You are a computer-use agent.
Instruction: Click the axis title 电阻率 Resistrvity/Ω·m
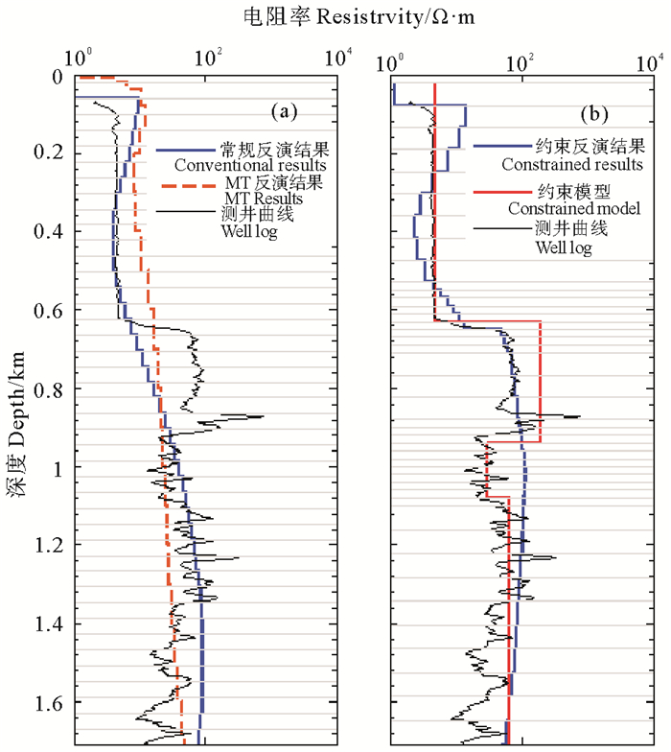335,15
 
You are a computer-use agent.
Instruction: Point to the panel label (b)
594,113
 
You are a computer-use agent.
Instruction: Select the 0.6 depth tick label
49,311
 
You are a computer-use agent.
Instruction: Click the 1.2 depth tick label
49,546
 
